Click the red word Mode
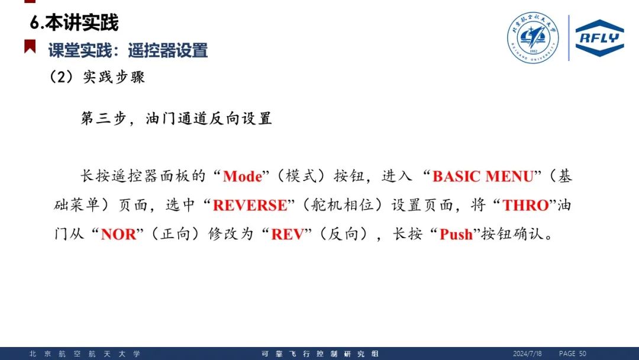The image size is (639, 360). click(x=243, y=176)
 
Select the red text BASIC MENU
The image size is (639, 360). click(x=483, y=176)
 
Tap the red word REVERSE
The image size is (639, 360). click(x=250, y=205)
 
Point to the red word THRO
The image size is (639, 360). click(x=525, y=205)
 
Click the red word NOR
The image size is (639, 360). click(x=118, y=234)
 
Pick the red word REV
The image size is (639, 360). click(x=288, y=234)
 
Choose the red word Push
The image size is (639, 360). click(x=456, y=234)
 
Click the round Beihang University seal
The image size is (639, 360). click(x=533, y=37)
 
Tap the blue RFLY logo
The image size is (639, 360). click(x=599, y=38)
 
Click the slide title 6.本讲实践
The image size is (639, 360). click(x=74, y=22)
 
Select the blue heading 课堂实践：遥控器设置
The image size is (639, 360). click(x=128, y=50)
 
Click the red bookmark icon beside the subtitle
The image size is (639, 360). click(x=30, y=46)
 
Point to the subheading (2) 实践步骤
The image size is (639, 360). click(x=97, y=76)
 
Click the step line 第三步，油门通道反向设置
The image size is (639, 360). click(x=176, y=118)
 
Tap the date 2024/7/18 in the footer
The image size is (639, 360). click(x=527, y=353)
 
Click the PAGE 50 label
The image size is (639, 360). click(x=573, y=353)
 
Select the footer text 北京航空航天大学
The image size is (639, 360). click(x=85, y=354)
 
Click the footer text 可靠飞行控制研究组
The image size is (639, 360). click(x=320, y=354)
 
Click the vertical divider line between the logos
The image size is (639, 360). click(x=569, y=38)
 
